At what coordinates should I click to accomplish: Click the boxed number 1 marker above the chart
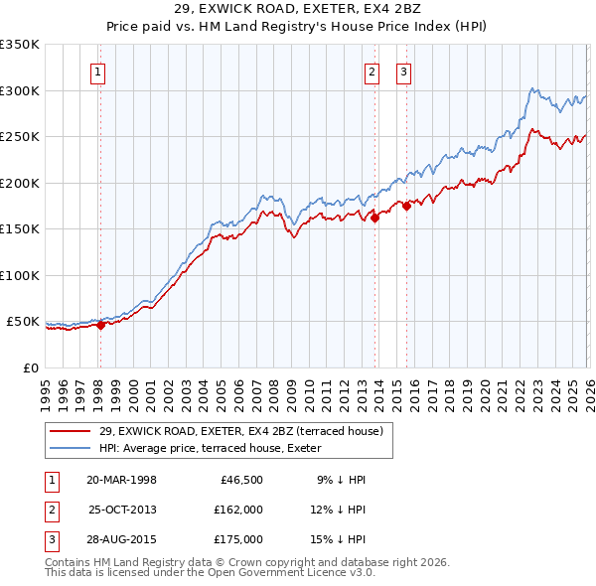click(x=99, y=71)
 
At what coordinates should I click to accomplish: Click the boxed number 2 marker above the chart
click(x=372, y=71)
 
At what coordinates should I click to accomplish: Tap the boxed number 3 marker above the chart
click(x=404, y=71)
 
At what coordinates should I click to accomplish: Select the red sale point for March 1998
click(x=100, y=325)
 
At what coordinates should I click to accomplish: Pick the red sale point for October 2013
click(x=374, y=220)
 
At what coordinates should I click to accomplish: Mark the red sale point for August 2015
click(x=406, y=207)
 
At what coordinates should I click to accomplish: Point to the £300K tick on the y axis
click(x=20, y=90)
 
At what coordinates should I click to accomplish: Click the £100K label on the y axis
click(x=20, y=275)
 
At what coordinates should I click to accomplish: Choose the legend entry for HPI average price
click(x=224, y=448)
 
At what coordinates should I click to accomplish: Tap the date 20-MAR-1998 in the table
click(x=121, y=480)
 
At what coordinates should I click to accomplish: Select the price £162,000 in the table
click(x=237, y=510)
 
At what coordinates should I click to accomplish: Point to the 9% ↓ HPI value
click(x=342, y=480)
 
